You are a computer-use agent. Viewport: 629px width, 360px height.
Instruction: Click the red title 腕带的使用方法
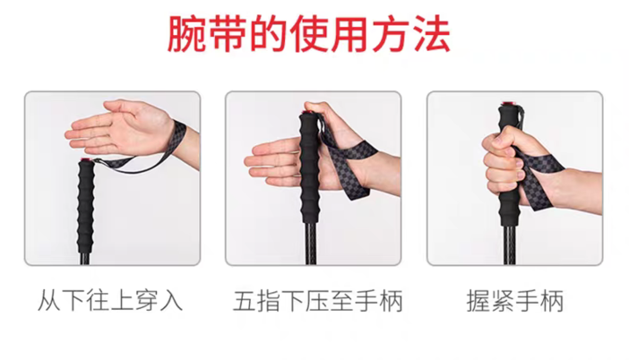click(309, 34)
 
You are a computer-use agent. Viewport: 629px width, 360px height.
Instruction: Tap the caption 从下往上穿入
click(110, 301)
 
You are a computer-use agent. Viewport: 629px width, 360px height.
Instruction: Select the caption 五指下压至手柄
click(318, 301)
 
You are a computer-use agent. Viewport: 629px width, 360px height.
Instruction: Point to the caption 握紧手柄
click(515, 301)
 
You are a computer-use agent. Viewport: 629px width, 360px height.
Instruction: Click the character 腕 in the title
click(186, 34)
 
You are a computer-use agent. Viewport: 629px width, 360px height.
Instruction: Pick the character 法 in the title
click(431, 34)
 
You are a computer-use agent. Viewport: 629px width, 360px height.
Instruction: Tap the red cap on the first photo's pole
click(85, 160)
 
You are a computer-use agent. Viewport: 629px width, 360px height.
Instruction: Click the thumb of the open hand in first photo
click(120, 107)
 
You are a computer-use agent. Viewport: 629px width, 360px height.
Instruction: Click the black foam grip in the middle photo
click(310, 168)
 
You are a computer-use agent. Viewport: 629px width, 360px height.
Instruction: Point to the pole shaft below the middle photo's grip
click(311, 244)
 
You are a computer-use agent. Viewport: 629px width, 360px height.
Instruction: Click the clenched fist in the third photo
click(502, 160)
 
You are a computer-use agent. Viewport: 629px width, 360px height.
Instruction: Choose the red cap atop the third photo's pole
click(509, 105)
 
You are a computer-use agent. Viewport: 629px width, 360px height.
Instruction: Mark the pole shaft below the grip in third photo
click(509, 244)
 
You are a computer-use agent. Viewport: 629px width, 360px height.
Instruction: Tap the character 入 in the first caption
click(171, 301)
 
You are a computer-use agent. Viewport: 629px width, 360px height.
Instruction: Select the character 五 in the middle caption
click(245, 301)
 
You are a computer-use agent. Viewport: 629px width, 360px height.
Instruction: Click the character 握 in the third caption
click(478, 301)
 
